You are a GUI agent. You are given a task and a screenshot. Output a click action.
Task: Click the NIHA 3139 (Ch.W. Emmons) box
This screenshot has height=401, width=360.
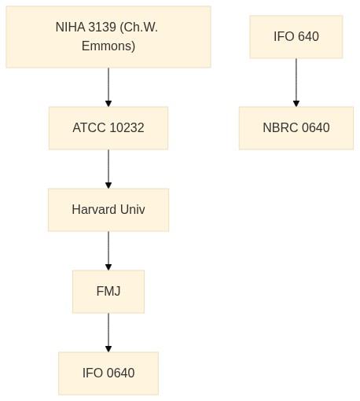(x=108, y=37)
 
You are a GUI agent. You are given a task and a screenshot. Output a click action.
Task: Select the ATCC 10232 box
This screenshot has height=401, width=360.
(x=108, y=128)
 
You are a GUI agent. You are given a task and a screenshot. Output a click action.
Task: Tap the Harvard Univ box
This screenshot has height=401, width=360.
(x=108, y=210)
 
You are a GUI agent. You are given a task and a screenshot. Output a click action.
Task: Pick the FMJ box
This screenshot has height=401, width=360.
(x=108, y=292)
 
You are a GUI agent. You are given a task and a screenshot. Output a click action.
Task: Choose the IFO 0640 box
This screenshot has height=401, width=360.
(x=108, y=373)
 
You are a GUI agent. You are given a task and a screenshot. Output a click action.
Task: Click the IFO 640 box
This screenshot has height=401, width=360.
(x=296, y=37)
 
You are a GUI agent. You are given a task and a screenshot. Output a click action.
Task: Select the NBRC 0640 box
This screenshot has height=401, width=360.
(x=296, y=128)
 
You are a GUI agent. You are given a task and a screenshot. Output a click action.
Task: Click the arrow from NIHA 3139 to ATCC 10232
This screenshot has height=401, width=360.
(x=108, y=87)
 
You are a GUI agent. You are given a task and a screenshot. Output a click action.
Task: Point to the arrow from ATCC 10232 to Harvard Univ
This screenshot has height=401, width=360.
(x=108, y=169)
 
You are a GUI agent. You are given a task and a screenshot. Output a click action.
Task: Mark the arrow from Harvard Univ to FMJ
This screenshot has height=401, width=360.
(x=108, y=251)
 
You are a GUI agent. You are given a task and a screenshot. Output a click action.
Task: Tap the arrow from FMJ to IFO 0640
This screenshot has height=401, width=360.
(x=108, y=333)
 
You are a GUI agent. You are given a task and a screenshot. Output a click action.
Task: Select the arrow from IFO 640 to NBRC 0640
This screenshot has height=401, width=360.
(x=296, y=83)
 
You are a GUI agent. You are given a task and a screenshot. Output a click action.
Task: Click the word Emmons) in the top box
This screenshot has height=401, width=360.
(x=108, y=46)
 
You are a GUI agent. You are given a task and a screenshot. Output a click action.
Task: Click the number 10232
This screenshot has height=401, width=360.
(x=127, y=128)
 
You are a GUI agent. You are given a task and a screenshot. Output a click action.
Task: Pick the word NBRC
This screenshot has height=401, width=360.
(x=281, y=128)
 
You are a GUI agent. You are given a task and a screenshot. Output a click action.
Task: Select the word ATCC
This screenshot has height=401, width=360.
(x=89, y=128)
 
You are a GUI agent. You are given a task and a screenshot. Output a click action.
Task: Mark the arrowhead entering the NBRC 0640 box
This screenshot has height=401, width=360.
(x=296, y=104)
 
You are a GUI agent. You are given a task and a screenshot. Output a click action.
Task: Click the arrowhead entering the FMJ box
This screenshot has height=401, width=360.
(x=108, y=267)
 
